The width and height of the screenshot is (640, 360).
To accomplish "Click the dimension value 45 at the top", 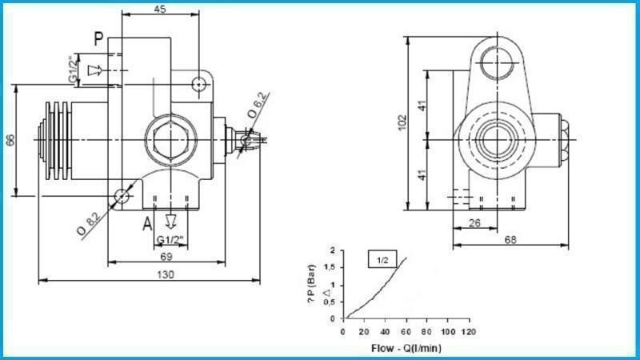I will pyautogui.click(x=160, y=9).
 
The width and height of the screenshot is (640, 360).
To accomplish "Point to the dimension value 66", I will pyautogui.click(x=10, y=139).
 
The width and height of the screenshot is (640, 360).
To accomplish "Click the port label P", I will pyautogui.click(x=98, y=38).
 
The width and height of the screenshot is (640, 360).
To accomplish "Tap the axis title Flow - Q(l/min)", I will pyautogui.click(x=406, y=348).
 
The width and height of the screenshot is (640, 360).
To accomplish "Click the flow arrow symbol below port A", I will pyautogui.click(x=170, y=221).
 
